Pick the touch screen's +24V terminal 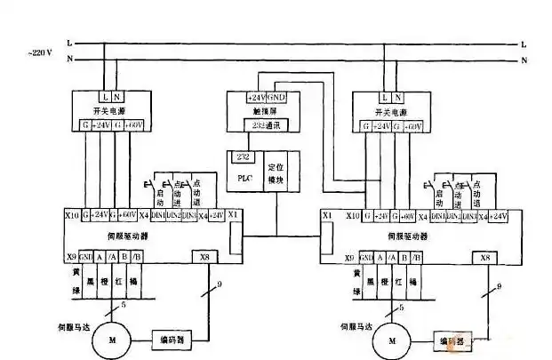pyautogui.click(x=255, y=96)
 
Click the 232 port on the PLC pyautogui.click(x=244, y=157)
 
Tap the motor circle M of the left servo pyautogui.click(x=112, y=338)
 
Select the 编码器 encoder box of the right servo pyautogui.click(x=452, y=339)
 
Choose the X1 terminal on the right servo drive pyautogui.click(x=327, y=216)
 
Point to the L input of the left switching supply pyautogui.click(x=106, y=95)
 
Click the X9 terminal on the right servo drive pyautogui.click(x=329, y=258)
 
